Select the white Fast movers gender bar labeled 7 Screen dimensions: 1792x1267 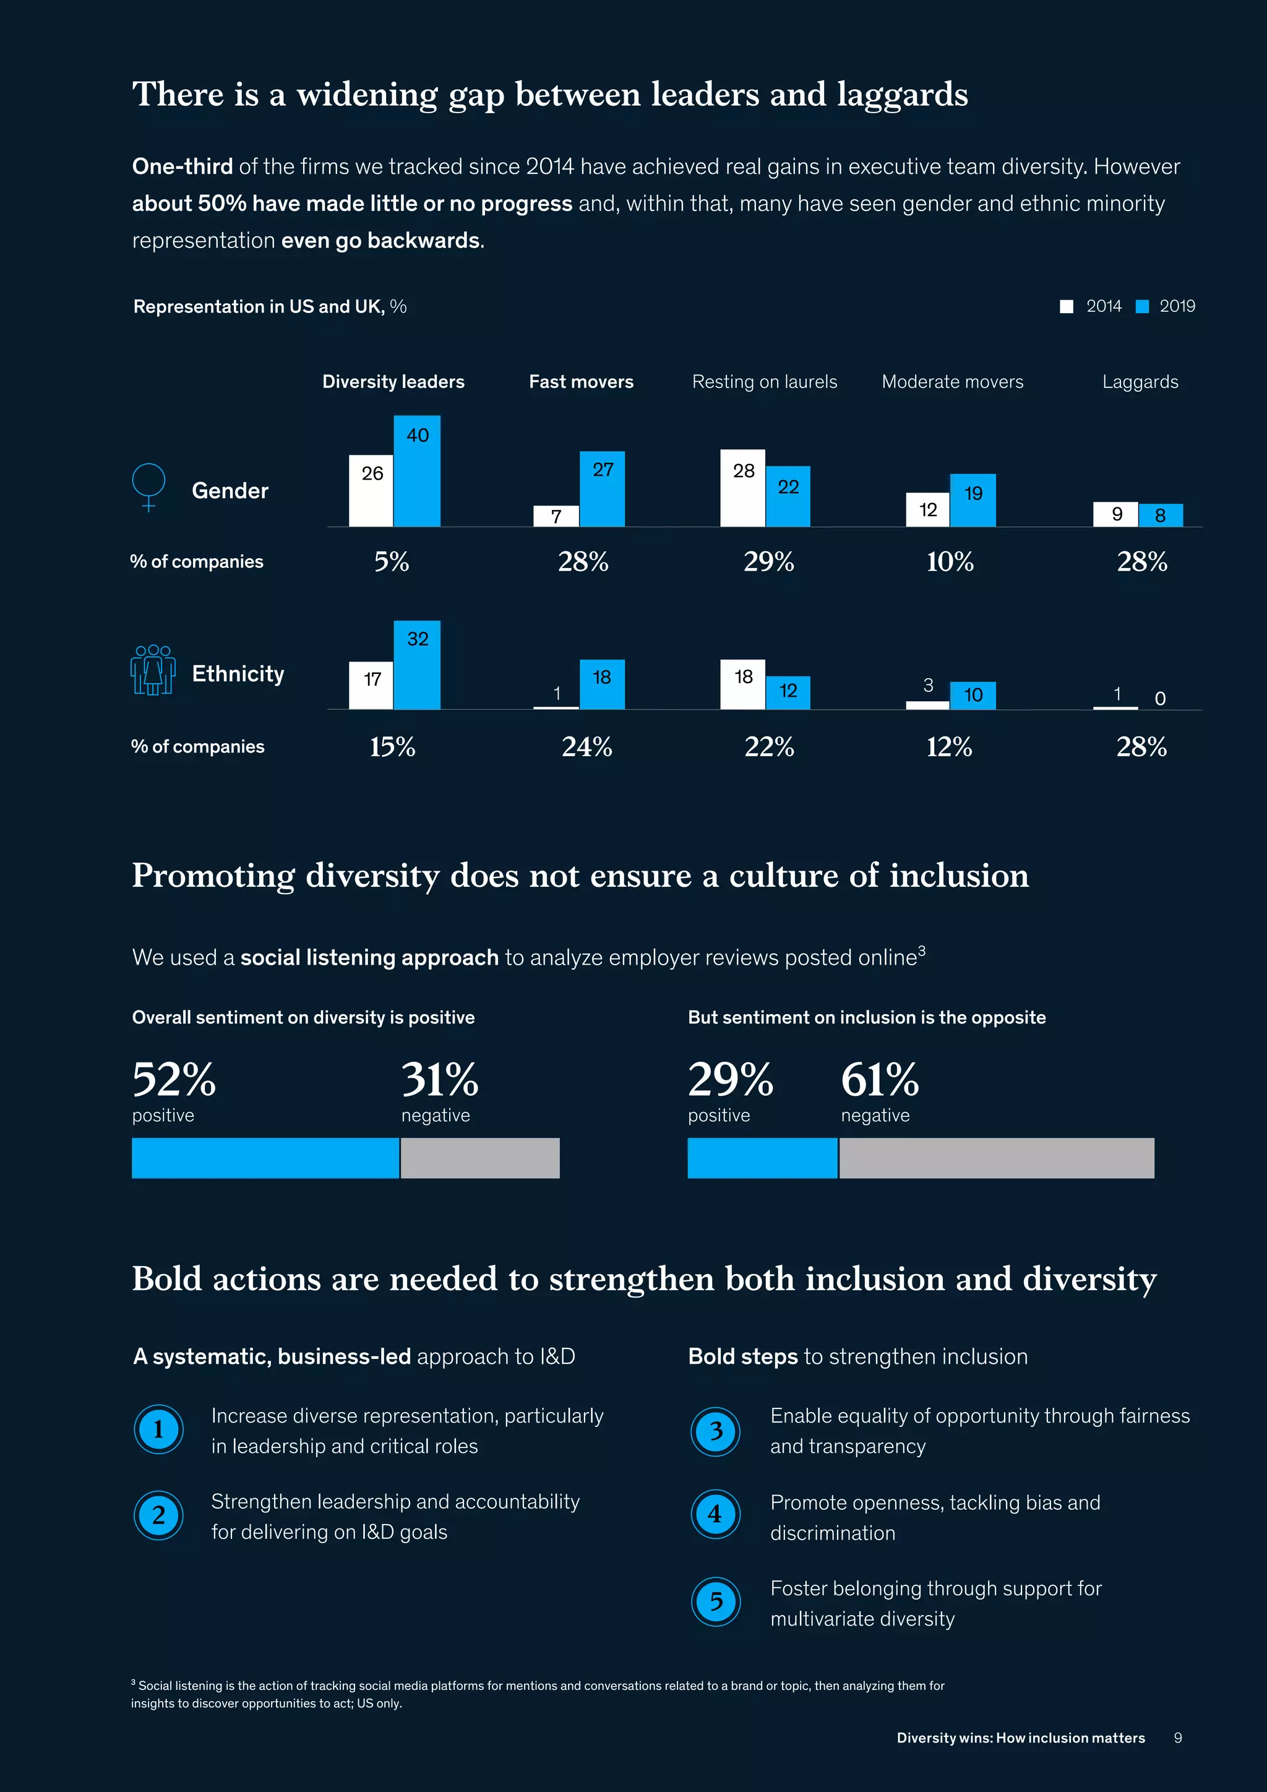556,516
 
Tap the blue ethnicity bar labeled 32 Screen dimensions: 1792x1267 416,665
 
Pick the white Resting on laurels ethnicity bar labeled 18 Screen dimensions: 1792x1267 743,684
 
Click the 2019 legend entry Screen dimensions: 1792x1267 1166,306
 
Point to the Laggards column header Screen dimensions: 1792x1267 1140,382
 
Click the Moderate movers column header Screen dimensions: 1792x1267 952,382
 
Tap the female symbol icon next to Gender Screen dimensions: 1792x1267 149,486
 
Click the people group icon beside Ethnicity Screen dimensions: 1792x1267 153,670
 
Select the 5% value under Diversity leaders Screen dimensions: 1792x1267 392,561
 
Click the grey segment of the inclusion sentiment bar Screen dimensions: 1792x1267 996,1158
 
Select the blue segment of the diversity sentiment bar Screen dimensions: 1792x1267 265,1158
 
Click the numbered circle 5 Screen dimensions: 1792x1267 715,1601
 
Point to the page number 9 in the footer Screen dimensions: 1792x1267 1177,1738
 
